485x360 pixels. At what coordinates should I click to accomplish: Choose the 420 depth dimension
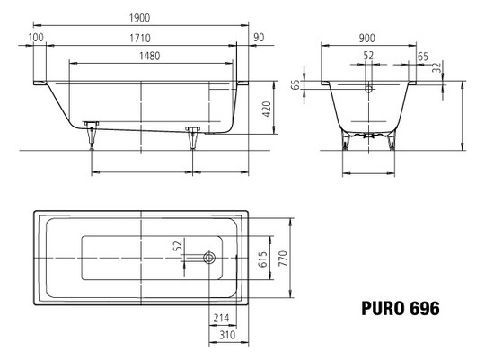pos(268,109)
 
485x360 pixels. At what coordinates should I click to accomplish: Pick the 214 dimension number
pos(222,319)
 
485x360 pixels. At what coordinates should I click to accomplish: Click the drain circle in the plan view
pos(209,259)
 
